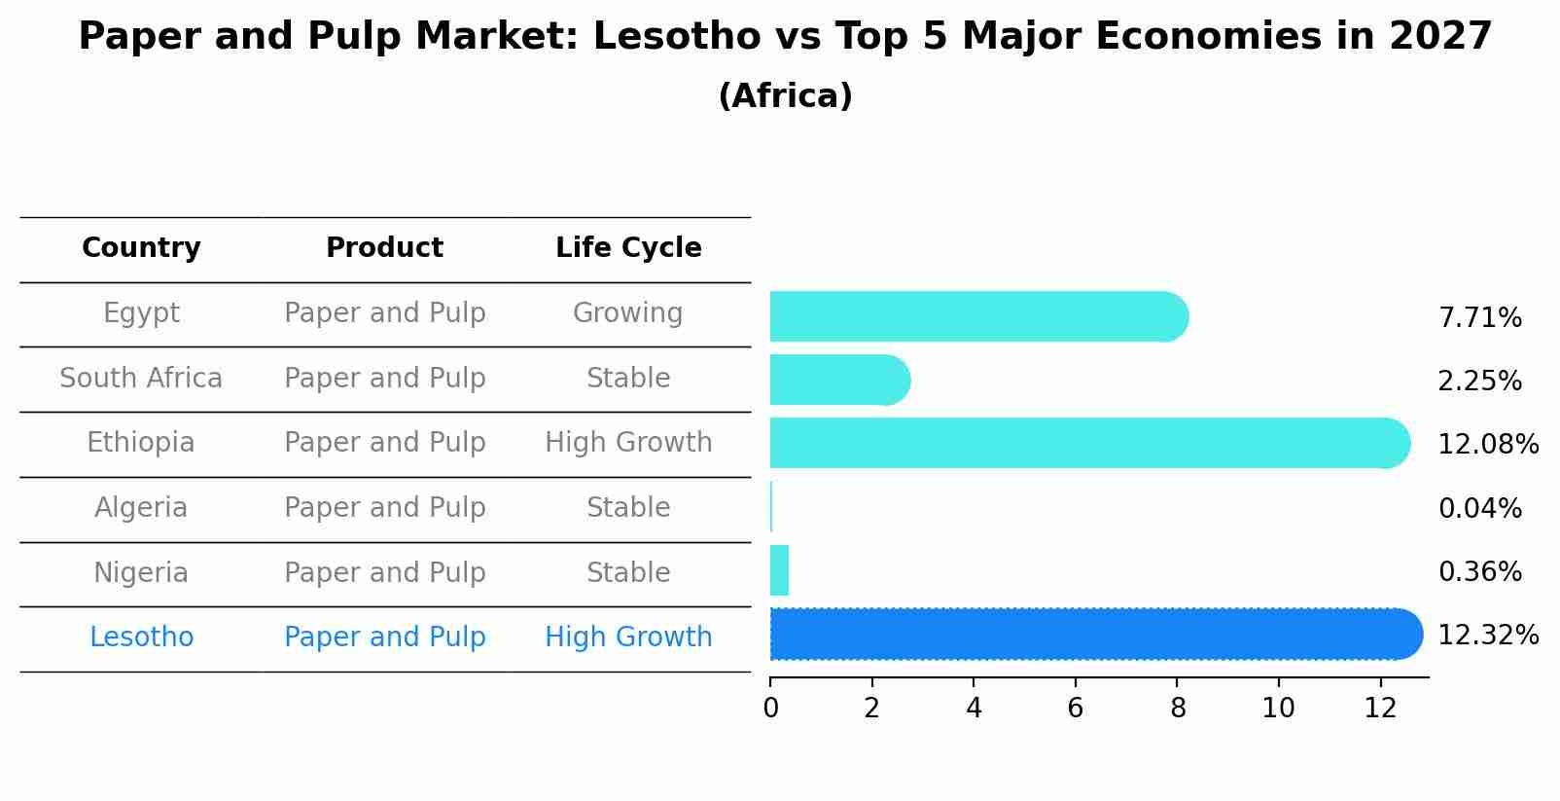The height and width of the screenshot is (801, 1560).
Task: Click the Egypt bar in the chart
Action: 977,316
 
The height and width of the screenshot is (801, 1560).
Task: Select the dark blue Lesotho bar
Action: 1094,635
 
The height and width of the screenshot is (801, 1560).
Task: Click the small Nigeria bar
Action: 779,570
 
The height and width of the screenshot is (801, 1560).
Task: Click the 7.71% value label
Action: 1479,318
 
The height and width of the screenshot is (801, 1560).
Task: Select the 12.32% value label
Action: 1487,636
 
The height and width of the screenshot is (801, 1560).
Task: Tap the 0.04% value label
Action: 1479,508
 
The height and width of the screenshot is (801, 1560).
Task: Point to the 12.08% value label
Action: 1487,445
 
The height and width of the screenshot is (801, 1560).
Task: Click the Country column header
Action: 141,248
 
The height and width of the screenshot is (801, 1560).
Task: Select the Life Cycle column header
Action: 628,248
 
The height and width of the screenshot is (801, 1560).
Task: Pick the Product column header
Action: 384,248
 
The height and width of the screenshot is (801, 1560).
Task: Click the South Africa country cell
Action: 141,378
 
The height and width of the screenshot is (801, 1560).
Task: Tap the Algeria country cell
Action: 141,508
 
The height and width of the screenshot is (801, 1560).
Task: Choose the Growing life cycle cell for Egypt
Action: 628,313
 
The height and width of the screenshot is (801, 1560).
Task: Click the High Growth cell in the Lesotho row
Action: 628,637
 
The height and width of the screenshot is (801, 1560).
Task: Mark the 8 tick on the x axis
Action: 1177,709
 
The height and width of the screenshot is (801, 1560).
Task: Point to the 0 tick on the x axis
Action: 770,709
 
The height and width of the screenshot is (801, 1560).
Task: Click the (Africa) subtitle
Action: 785,96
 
